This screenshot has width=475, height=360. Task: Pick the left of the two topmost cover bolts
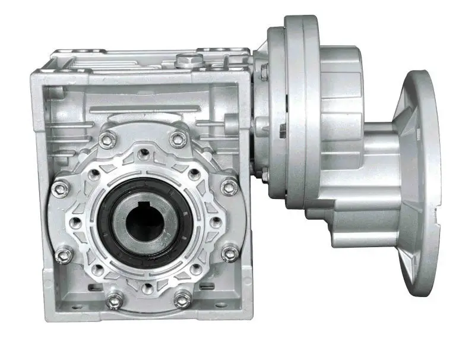click(x=106, y=141)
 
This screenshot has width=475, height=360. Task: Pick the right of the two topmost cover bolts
click(x=177, y=140)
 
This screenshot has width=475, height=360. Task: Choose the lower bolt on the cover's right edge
click(x=230, y=255)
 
